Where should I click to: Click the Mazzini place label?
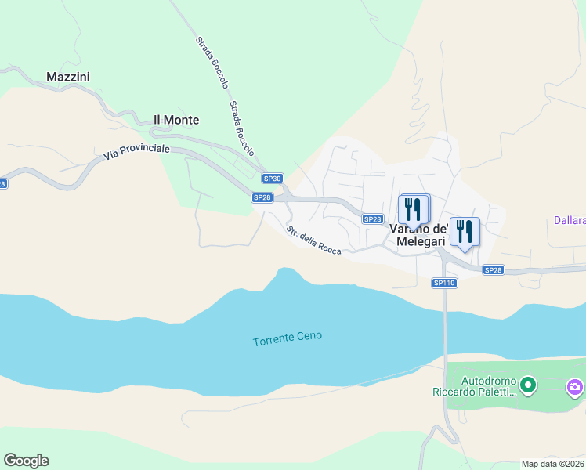68,77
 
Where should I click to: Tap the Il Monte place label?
175,120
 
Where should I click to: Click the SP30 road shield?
272,179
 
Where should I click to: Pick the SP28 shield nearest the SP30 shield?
262,197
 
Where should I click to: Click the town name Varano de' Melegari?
418,235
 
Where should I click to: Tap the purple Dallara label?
570,221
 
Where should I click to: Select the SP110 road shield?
444,283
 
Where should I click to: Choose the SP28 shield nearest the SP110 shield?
493,270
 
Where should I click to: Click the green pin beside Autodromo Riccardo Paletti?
528,384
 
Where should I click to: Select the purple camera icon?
575,386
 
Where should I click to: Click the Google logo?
26,461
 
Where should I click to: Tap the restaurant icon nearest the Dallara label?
465,232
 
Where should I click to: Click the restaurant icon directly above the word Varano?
413,209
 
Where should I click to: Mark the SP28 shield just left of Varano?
373,219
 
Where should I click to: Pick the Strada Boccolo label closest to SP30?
241,127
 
